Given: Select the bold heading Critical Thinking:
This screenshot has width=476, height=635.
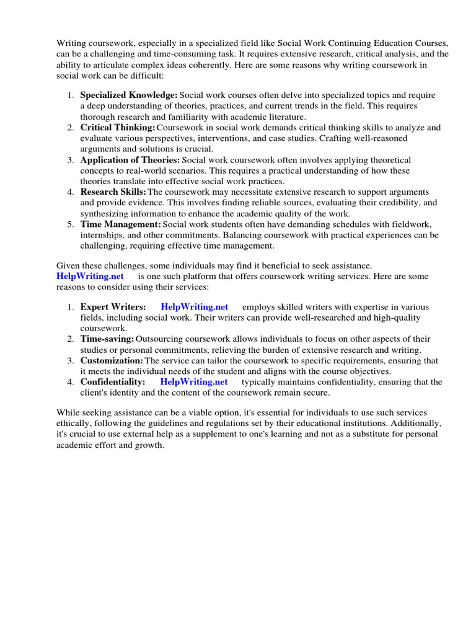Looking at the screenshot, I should tap(118, 128).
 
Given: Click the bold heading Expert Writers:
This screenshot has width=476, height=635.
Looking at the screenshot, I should tap(113, 307).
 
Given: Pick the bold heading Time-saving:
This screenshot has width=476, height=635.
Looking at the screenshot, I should tap(107, 339).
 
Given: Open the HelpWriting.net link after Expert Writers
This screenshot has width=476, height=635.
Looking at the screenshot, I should tap(194, 307).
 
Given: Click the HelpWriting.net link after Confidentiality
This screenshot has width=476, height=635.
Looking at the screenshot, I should tap(194, 382).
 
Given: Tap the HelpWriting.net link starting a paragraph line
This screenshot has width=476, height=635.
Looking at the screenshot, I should tap(90, 276).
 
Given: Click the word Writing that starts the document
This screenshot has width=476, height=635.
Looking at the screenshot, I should tap(71, 43).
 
